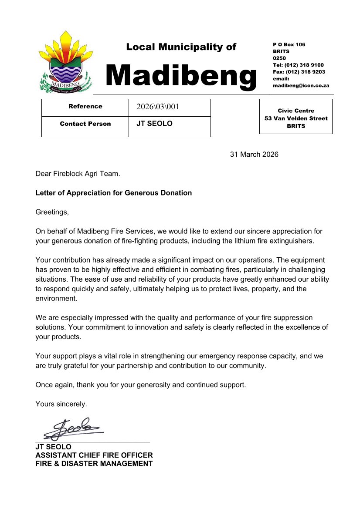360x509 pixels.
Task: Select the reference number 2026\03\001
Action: point(158,107)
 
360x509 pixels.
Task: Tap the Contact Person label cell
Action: point(85,124)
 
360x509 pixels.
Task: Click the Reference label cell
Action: point(85,106)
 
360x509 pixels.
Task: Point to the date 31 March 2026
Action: point(254,155)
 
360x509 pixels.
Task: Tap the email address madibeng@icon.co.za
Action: point(301,86)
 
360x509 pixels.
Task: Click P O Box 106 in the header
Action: point(289,44)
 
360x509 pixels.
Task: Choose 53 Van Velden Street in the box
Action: point(296,118)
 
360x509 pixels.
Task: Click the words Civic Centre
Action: point(296,111)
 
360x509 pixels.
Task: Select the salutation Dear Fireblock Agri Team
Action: point(78,174)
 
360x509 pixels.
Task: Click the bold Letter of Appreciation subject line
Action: point(113,193)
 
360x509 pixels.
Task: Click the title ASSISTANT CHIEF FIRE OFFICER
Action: point(94,455)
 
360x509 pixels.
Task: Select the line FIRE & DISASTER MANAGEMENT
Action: point(94,464)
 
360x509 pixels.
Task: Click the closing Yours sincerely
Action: point(61,404)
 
